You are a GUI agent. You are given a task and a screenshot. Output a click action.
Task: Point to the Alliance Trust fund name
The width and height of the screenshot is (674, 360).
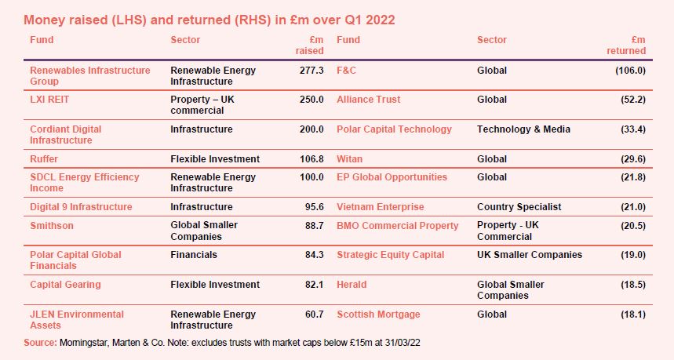(369, 100)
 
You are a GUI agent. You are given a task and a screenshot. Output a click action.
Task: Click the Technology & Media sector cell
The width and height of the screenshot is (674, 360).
(523, 129)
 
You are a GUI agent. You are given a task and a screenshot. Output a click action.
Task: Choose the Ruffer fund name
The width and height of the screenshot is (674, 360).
(43, 158)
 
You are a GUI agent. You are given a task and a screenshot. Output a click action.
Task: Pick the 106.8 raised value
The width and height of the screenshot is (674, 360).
(311, 158)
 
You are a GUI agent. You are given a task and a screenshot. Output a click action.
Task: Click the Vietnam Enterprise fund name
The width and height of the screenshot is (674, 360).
(381, 207)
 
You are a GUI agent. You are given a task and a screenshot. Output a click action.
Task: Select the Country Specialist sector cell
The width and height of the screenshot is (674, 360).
(519, 207)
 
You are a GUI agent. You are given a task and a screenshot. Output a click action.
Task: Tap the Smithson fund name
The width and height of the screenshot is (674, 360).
(51, 225)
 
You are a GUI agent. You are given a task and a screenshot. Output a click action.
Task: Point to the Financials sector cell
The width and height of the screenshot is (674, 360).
(194, 254)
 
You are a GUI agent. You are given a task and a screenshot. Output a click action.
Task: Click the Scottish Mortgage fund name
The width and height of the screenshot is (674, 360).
(378, 315)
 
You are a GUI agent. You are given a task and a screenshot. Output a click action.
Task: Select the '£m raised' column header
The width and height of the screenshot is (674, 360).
(309, 45)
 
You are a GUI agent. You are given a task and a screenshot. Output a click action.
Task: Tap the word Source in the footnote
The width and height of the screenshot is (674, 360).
(40, 344)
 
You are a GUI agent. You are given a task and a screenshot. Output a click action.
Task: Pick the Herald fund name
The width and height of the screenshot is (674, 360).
(352, 284)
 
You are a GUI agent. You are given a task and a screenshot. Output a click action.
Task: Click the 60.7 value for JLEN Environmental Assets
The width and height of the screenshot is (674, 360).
(313, 315)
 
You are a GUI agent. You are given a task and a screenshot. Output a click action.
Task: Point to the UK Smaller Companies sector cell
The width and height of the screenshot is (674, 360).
(530, 254)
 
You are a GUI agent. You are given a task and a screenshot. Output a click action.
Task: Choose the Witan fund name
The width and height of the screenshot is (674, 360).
(350, 158)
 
